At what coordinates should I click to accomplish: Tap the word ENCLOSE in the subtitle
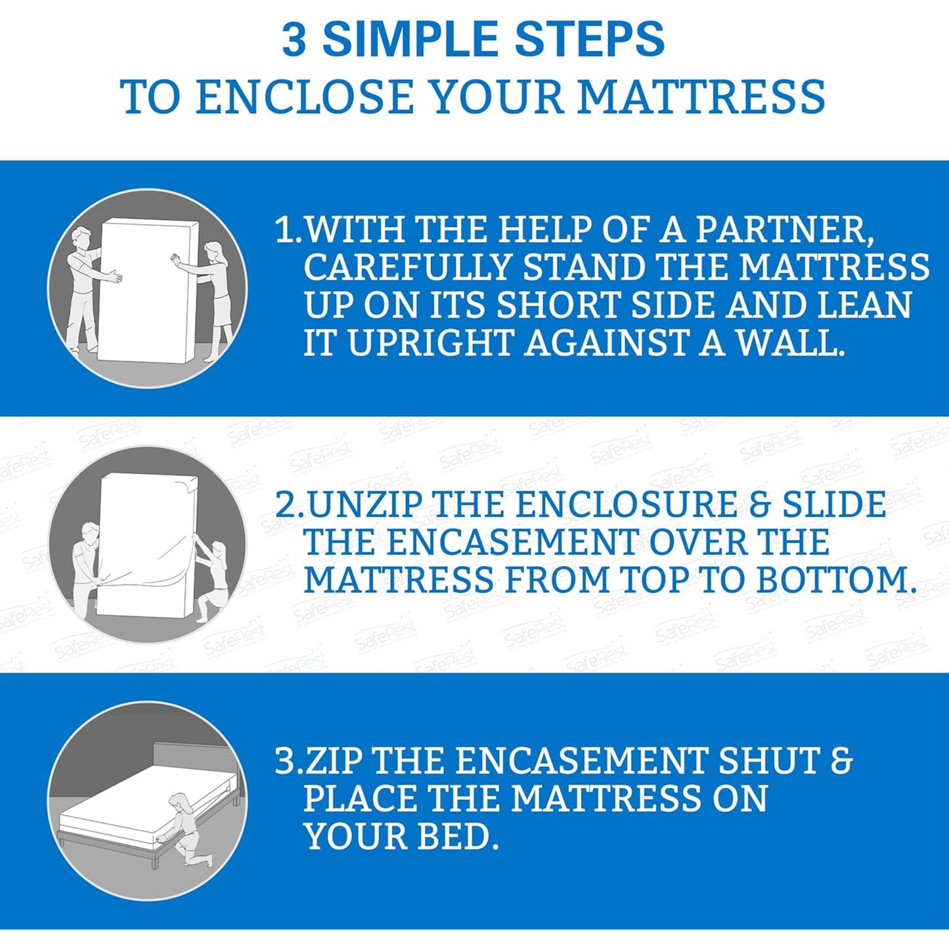(x=304, y=97)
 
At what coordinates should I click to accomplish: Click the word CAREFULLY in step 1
(x=408, y=267)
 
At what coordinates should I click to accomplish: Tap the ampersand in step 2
(x=759, y=505)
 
